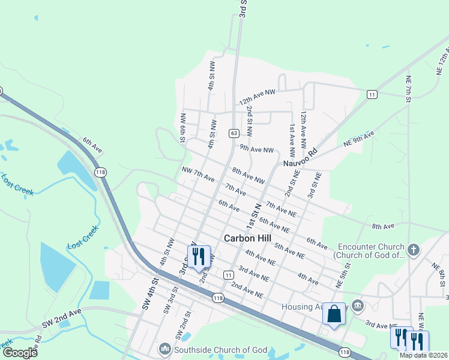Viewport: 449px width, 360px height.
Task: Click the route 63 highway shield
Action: tap(234, 133)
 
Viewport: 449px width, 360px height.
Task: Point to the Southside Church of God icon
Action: tap(165, 349)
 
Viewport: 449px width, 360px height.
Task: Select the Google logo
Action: tap(19, 352)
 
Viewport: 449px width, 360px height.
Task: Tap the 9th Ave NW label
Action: tap(256, 149)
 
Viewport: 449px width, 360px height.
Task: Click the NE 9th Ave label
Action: tap(358, 137)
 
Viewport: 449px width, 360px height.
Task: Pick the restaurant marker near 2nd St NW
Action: tap(199, 256)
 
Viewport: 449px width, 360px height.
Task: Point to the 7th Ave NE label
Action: tap(281, 209)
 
